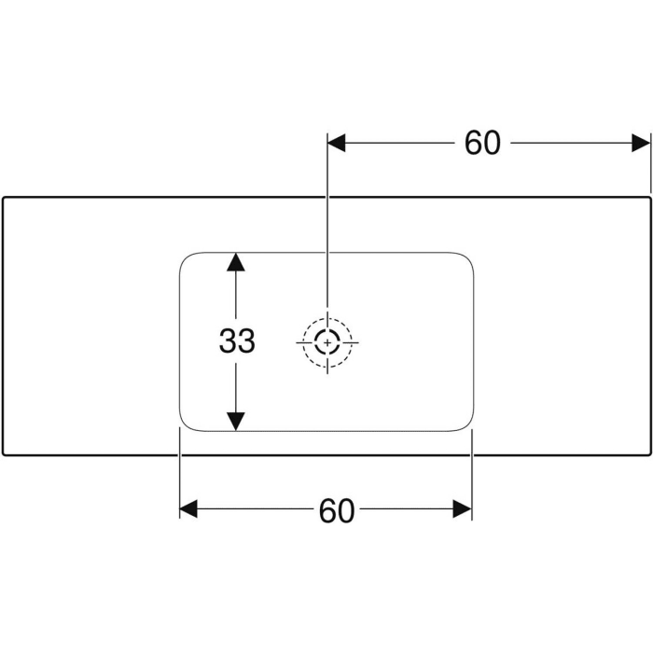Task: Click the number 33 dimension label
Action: click(x=237, y=342)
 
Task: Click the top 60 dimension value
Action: click(x=482, y=143)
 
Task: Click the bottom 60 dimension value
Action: click(x=337, y=510)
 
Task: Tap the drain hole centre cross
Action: click(x=327, y=342)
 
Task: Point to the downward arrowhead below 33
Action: click(x=237, y=422)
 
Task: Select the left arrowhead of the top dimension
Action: click(x=336, y=143)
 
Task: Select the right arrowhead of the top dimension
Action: click(x=641, y=143)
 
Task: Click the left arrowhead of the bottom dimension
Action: click(x=189, y=508)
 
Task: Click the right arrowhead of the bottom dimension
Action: click(x=463, y=508)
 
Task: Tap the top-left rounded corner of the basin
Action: click(x=185, y=257)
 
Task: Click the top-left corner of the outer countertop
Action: click(x=4, y=198)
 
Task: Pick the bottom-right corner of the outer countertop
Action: click(x=648, y=455)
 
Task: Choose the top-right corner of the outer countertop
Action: click(x=648, y=198)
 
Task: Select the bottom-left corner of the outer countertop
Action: click(x=4, y=455)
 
